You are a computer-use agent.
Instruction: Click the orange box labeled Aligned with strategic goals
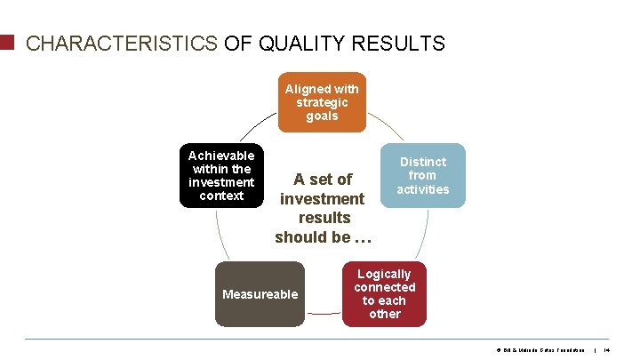point(322,102)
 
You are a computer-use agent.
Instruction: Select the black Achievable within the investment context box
point(221,175)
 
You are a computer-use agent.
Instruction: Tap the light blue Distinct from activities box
point(423,175)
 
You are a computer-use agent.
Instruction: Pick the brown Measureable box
point(260,294)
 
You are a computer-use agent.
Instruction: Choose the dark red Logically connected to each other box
point(384,294)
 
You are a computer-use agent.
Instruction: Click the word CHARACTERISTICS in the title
point(122,44)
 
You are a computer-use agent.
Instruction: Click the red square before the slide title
point(7,43)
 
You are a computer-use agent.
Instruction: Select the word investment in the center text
point(323,198)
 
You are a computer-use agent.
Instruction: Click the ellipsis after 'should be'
point(363,237)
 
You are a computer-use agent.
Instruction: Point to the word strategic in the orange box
point(322,102)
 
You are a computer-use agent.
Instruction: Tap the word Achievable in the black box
point(221,155)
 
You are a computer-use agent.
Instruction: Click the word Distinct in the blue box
point(423,162)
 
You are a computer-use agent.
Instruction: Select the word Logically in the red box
point(384,274)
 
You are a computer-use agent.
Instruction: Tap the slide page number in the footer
point(607,350)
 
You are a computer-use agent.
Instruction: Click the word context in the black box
point(221,196)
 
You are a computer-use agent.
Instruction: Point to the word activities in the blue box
point(423,188)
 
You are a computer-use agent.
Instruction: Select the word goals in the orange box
point(322,116)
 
